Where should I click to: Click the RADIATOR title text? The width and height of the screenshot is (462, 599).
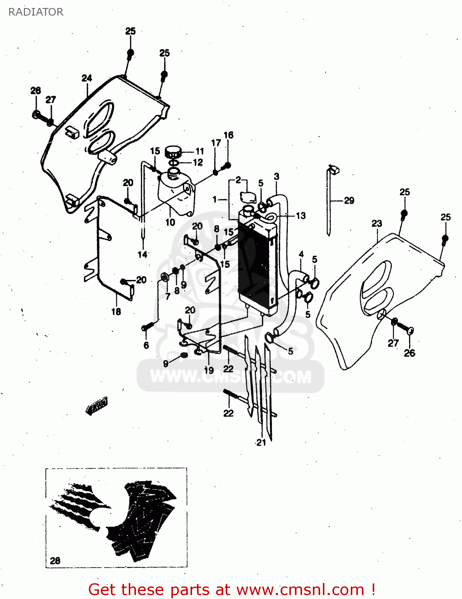(36, 12)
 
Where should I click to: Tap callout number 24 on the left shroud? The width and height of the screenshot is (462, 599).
(87, 78)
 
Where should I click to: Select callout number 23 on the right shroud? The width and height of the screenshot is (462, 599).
(377, 224)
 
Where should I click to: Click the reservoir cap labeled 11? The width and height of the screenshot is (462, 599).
(173, 152)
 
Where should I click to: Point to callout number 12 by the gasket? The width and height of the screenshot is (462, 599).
(198, 163)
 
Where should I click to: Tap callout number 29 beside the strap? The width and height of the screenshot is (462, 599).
(349, 200)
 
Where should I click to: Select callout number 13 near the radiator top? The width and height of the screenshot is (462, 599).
(301, 216)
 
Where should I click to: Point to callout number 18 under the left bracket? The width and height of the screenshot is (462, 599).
(116, 311)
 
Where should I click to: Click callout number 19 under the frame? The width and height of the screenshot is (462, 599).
(209, 370)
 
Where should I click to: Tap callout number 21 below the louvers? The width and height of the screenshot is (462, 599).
(261, 442)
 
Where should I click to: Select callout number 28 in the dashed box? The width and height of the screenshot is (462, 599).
(55, 561)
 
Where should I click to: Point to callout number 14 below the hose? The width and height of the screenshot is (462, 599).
(142, 254)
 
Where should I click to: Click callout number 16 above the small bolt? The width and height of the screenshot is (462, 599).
(228, 135)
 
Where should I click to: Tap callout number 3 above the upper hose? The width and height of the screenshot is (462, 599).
(277, 177)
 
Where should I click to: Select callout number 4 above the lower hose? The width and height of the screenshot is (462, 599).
(301, 254)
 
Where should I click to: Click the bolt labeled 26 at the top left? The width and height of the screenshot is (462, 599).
(37, 115)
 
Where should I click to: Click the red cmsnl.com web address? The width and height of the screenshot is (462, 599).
(300, 590)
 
